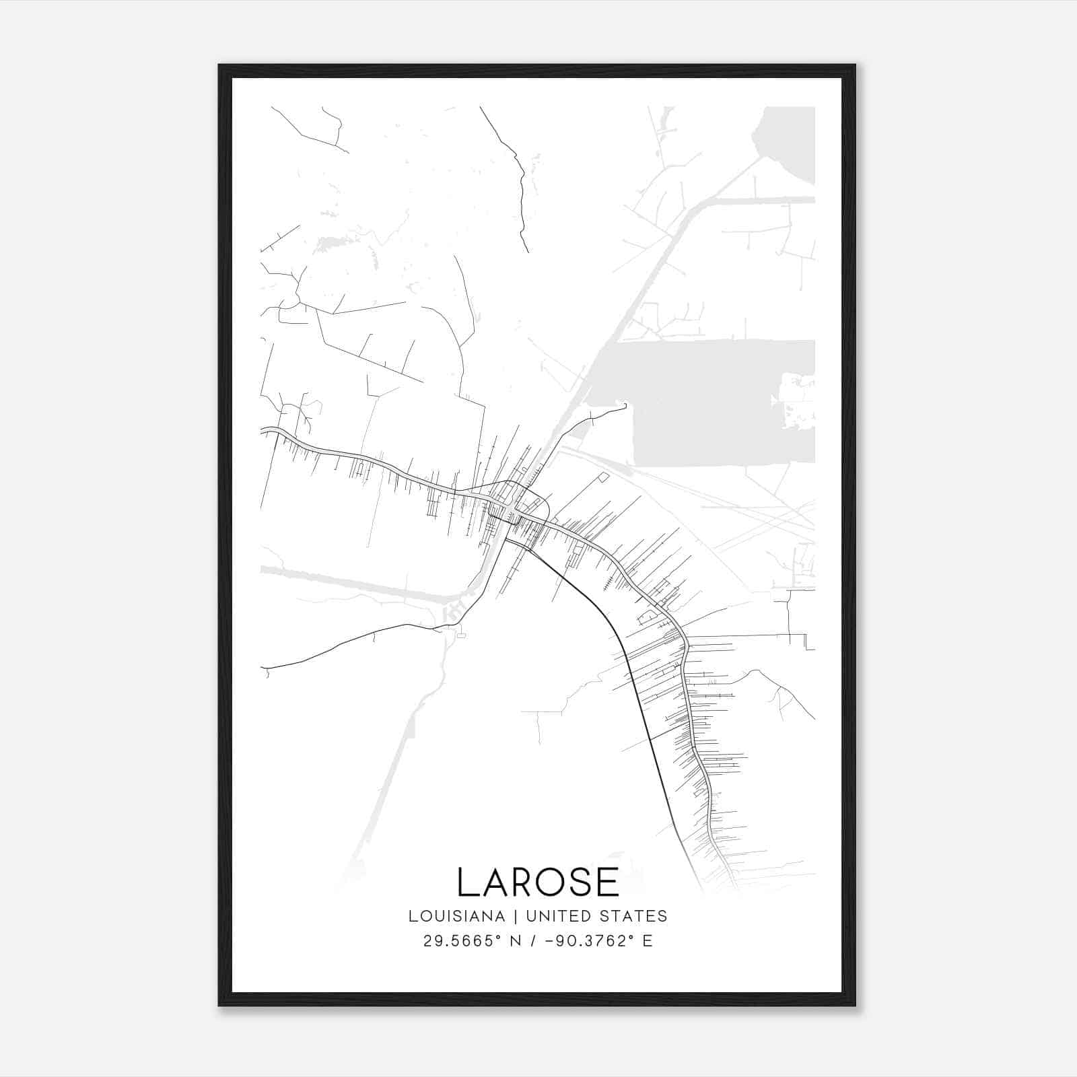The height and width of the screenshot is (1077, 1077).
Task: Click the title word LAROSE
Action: (538, 882)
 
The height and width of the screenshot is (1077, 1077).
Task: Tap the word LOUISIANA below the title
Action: (456, 916)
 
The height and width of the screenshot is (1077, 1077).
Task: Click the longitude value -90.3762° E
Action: (594, 941)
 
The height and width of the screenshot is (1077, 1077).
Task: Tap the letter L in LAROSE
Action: (466, 882)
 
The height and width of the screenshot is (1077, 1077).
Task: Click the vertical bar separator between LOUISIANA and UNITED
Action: (516, 916)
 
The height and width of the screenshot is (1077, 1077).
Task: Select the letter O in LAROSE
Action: (547, 882)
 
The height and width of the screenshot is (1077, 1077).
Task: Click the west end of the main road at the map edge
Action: (263, 429)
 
